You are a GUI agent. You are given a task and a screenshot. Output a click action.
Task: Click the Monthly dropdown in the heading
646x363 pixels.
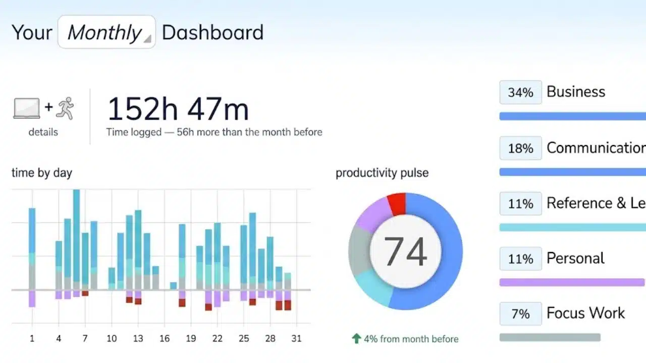(106, 32)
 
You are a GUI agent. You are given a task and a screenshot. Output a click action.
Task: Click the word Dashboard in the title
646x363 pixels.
(213, 32)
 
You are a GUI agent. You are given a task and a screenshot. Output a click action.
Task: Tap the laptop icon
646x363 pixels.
(27, 108)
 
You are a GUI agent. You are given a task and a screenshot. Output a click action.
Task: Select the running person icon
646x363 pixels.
(65, 108)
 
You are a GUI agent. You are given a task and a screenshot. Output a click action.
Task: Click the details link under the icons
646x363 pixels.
(43, 132)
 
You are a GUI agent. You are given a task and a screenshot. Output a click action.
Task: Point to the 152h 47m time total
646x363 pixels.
(178, 109)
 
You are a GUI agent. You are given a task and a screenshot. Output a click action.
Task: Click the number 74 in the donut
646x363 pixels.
(405, 251)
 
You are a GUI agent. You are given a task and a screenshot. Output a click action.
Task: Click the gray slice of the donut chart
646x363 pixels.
(359, 251)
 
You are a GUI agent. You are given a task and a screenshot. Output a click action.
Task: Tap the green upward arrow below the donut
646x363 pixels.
(356, 338)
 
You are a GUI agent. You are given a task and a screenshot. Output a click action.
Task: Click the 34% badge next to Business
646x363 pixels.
(520, 92)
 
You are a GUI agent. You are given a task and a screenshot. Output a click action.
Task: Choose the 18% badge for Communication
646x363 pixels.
(520, 148)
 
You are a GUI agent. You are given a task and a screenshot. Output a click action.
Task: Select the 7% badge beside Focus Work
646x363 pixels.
(520, 314)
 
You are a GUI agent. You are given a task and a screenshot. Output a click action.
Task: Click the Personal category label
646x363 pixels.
(575, 258)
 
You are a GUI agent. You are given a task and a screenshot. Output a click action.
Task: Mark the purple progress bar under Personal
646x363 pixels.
(572, 282)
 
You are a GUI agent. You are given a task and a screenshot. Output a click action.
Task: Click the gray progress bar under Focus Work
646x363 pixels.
(550, 337)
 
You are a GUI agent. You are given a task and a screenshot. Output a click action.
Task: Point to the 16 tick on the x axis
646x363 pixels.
(165, 338)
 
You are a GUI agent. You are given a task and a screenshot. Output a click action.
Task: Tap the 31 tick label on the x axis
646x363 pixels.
(296, 338)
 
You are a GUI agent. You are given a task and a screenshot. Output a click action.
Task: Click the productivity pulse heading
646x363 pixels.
(382, 173)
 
